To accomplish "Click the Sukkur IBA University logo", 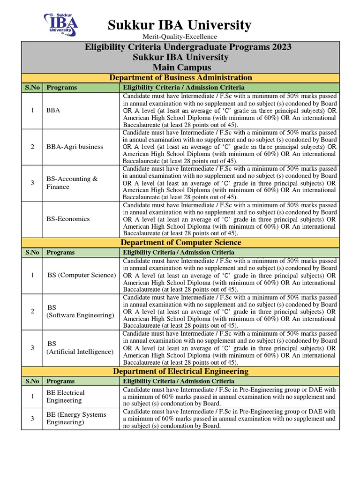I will pyautogui.click(x=61, y=24).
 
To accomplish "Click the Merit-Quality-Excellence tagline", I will pyautogui.click(x=176, y=37).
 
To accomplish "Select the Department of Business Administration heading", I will pyautogui.click(x=180, y=78).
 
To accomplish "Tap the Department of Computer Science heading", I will pyautogui.click(x=180, y=243).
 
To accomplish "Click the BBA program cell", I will pyautogui.click(x=53, y=111).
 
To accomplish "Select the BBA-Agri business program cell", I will pyautogui.click(x=75, y=147).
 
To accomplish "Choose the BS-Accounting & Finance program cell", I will pyautogui.click(x=72, y=183).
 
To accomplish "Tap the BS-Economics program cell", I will pyautogui.click(x=68, y=219).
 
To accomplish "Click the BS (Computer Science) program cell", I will pyautogui.click(x=81, y=275).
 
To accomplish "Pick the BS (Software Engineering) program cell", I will pyautogui.click(x=80, y=311).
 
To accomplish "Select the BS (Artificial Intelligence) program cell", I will pyautogui.click(x=80, y=348).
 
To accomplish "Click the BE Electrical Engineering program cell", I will pyautogui.click(x=66, y=397).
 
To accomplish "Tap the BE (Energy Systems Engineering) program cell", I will pyautogui.click(x=76, y=418).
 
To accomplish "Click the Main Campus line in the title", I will pyautogui.click(x=180, y=67).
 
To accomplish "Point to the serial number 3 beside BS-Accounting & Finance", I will pyautogui.click(x=32, y=183).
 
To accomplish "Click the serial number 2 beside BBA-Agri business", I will pyautogui.click(x=32, y=147).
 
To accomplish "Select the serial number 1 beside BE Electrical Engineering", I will pyautogui.click(x=32, y=397).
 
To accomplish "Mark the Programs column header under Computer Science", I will pyautogui.click(x=60, y=252).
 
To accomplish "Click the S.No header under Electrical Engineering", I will pyautogui.click(x=32, y=381).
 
